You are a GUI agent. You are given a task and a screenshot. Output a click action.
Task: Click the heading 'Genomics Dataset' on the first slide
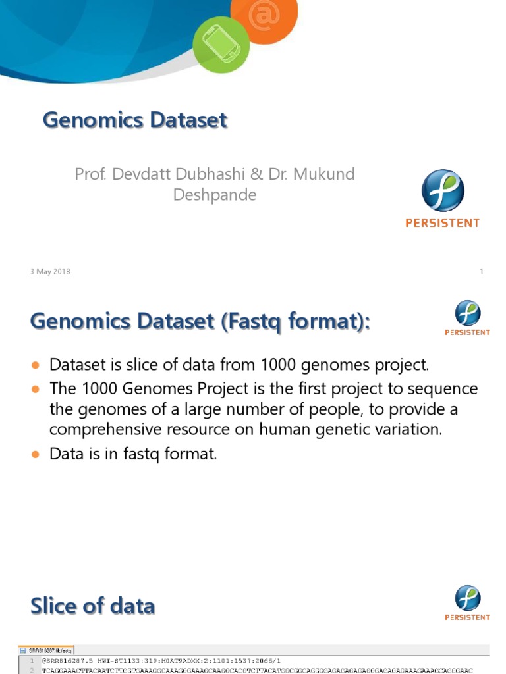[135, 120]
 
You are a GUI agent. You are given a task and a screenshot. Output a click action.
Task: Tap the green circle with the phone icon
[222, 45]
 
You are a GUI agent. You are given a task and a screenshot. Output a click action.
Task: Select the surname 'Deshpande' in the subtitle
[214, 195]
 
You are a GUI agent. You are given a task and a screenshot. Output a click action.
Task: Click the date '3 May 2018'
[50, 272]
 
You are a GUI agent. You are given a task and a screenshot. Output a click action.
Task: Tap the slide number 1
[482, 272]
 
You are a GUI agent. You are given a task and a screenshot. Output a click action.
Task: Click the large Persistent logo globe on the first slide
[443, 191]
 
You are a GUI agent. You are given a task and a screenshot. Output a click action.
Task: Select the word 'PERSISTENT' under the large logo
[442, 223]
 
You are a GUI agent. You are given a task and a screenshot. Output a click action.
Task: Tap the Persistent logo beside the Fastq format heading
[468, 315]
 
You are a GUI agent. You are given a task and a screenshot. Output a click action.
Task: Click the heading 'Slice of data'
[93, 606]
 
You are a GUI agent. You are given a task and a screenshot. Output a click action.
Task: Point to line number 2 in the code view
[31, 670]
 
